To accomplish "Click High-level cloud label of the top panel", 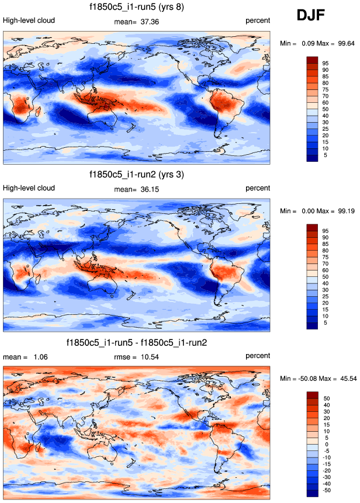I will pyautogui.click(x=29, y=20).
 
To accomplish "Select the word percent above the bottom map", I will pyautogui.click(x=258, y=356).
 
